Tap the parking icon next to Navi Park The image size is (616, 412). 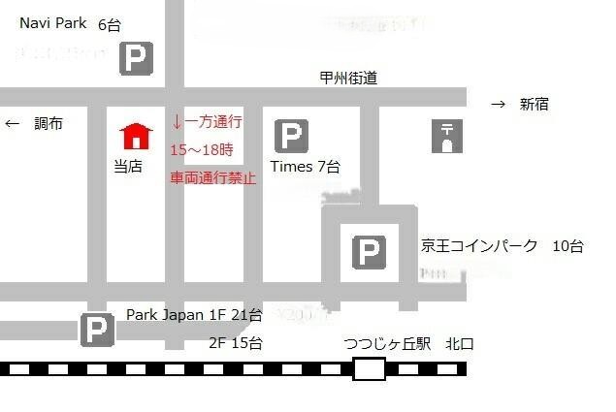136,59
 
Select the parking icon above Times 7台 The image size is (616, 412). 291,137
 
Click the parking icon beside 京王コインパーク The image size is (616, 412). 368,253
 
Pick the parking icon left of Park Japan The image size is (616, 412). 97,330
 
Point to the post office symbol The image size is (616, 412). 447,137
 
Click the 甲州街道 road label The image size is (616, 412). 348,79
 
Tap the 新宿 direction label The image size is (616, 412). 534,105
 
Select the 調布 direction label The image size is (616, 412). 49,124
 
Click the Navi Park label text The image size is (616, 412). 53,23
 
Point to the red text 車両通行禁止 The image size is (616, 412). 212,178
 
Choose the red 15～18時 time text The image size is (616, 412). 202,150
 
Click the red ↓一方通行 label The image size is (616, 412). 207,122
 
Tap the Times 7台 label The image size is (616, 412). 305,167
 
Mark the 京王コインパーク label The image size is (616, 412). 479,246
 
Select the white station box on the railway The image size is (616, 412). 369,368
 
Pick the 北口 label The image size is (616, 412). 460,343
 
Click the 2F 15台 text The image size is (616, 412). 235,342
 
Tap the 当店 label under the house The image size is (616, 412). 128,167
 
